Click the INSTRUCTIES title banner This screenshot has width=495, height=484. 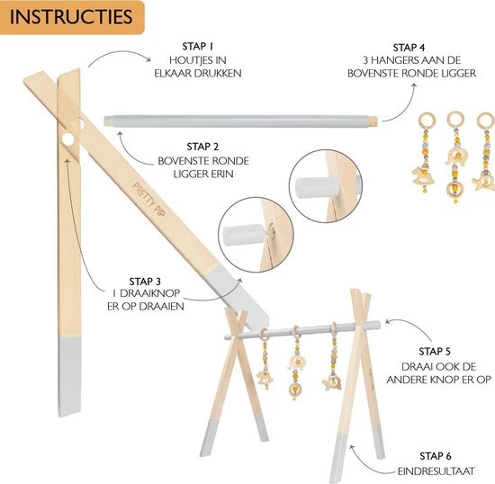[72, 17]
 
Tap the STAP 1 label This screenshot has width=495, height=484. [198, 47]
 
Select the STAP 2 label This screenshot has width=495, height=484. [202, 147]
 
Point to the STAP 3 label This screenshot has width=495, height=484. [145, 282]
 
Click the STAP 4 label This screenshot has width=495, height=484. [409, 48]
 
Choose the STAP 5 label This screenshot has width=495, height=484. [435, 352]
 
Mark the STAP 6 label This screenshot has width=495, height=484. [436, 456]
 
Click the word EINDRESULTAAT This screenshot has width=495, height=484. [436, 471]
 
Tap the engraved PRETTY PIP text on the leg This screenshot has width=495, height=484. [149, 199]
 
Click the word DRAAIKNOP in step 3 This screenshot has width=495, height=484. [150, 293]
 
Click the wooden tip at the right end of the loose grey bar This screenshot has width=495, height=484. [373, 121]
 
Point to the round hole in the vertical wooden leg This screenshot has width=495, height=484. [67, 139]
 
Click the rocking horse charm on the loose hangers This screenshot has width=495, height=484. [422, 176]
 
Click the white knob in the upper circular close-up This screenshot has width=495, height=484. [317, 188]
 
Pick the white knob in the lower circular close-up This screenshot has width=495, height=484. [243, 234]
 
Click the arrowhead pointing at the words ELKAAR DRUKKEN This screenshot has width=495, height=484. [148, 59]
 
